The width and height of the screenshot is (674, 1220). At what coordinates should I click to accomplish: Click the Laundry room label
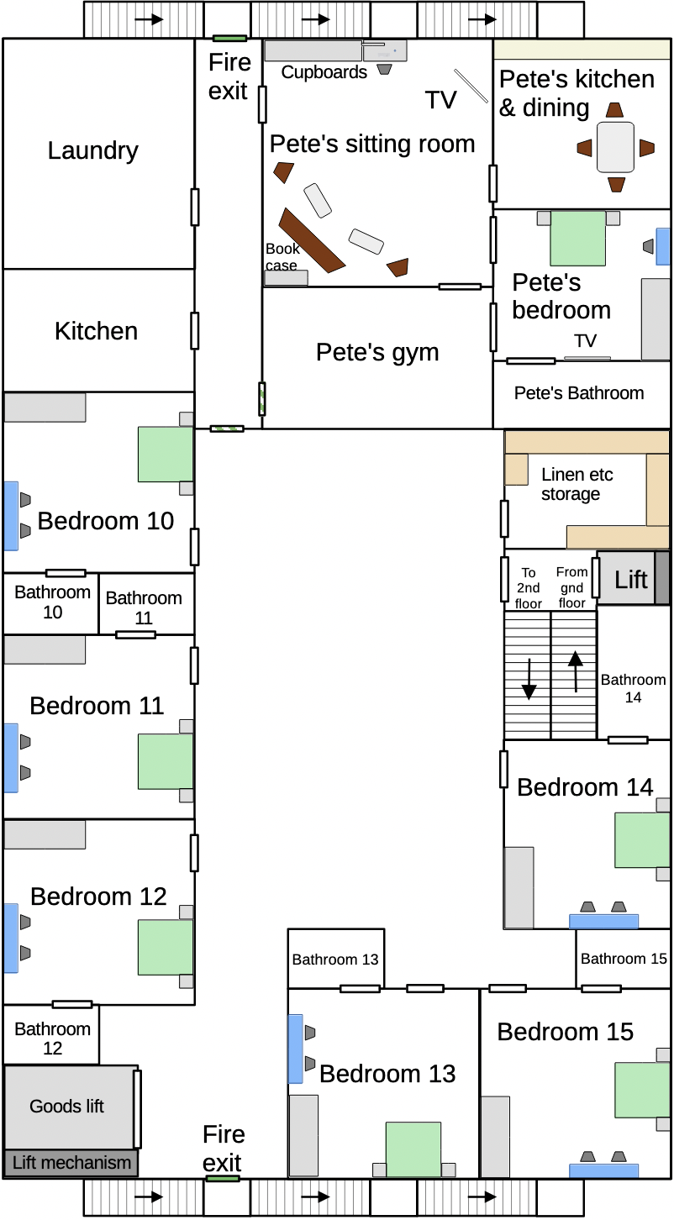pyautogui.click(x=92, y=151)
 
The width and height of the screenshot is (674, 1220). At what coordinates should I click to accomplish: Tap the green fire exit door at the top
pyautogui.click(x=229, y=38)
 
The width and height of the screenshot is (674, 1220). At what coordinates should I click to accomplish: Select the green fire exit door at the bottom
pyautogui.click(x=223, y=1179)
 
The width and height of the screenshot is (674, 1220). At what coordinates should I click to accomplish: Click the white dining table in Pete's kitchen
pyautogui.click(x=615, y=147)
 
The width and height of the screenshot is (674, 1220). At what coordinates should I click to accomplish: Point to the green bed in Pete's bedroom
pyautogui.click(x=577, y=238)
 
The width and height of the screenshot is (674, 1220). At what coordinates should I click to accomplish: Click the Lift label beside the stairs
pyautogui.click(x=631, y=580)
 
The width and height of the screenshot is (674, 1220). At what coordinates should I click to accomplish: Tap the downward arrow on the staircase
pyautogui.click(x=529, y=679)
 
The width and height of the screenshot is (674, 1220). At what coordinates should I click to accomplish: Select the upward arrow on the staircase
pyautogui.click(x=576, y=672)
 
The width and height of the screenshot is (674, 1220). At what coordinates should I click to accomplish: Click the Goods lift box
pyautogui.click(x=70, y=1107)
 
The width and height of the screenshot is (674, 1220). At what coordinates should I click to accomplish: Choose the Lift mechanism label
pyautogui.click(x=71, y=1162)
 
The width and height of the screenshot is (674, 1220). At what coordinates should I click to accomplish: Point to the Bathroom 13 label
pyautogui.click(x=335, y=960)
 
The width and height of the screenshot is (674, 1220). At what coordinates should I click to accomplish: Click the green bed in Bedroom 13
pyautogui.click(x=413, y=1149)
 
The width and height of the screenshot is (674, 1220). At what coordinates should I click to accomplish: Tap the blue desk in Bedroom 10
pyautogui.click(x=12, y=516)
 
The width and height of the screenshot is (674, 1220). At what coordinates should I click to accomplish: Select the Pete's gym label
pyautogui.click(x=377, y=352)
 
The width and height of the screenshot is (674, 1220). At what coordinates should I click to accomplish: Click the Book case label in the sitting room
pyautogui.click(x=282, y=257)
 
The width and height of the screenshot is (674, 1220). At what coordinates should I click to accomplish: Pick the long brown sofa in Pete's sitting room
pyautogui.click(x=312, y=240)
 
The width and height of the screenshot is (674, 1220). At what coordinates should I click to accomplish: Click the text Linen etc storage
pyautogui.click(x=577, y=484)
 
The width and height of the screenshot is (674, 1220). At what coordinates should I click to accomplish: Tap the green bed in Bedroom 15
pyautogui.click(x=642, y=1090)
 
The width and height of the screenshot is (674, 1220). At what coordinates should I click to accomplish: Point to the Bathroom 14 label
pyautogui.click(x=633, y=688)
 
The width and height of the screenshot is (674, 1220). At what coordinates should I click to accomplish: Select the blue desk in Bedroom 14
pyautogui.click(x=603, y=921)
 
